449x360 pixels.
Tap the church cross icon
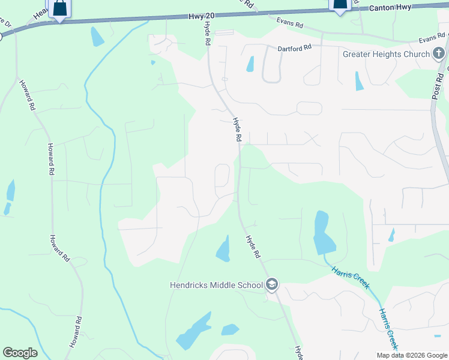pos(439,54)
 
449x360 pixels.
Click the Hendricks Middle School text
pos(216,284)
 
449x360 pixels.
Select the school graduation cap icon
pos(271,284)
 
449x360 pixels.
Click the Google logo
pos(20,353)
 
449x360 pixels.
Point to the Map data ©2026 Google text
pos(412,355)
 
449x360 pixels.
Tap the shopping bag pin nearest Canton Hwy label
pos(340,5)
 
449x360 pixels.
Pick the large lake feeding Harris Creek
pos(323,234)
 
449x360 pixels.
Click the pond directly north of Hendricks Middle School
pos(223,249)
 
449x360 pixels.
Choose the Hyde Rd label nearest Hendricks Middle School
pos(253,247)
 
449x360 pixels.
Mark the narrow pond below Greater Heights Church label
pos(359,81)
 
